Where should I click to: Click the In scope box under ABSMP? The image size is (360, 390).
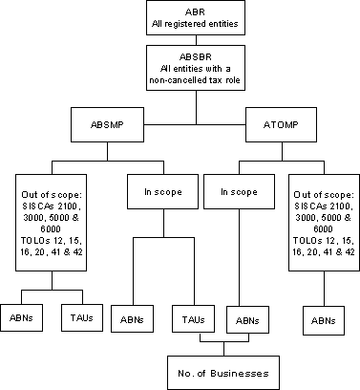coord(155,191)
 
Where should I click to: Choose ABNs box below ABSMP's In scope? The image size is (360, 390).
coord(133,316)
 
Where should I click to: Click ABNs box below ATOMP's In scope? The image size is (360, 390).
coord(245,316)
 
